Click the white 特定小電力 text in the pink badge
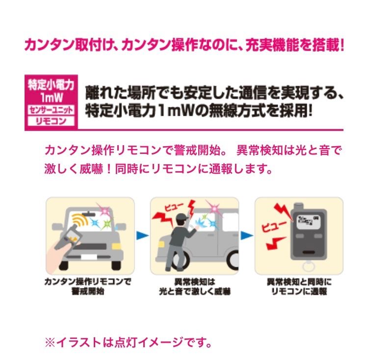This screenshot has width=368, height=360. [51, 84]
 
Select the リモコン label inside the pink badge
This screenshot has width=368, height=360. [51, 120]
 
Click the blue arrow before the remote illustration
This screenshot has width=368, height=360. [247, 236]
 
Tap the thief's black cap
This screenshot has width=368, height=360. [181, 218]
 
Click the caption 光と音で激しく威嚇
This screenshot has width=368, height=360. [195, 291]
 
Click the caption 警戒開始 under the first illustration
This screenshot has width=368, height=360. [89, 291]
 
